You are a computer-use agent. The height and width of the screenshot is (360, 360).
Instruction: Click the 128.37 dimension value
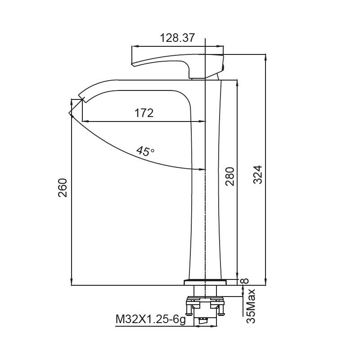(177, 38)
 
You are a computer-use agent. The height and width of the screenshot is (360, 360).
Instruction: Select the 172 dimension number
(144, 112)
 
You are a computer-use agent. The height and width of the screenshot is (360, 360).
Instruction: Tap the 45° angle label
(146, 151)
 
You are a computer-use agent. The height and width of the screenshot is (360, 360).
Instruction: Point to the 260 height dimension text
(63, 188)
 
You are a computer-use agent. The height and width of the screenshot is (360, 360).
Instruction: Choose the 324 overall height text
(257, 175)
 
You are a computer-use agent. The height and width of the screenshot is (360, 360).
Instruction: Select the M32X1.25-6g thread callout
(151, 319)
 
